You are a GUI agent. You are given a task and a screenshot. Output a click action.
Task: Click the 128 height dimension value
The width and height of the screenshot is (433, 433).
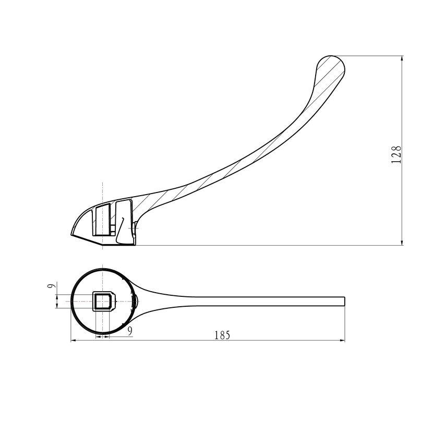coord(396,154)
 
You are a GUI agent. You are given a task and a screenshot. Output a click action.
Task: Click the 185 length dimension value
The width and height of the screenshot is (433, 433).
coord(222,335)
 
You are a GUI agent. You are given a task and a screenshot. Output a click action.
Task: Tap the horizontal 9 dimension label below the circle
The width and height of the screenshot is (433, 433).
coord(130,331)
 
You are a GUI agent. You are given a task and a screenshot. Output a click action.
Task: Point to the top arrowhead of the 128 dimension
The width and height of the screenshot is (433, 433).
coord(402,58)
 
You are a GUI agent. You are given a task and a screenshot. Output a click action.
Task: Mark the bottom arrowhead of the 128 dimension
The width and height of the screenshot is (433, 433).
coord(402,243)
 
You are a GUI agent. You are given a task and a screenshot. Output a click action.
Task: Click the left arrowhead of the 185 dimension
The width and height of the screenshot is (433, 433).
coord(74,341)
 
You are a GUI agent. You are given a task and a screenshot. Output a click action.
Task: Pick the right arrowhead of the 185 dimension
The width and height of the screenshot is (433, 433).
coord(342,341)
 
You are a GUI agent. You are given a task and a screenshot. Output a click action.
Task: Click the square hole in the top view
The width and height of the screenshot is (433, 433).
coord(103,301)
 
